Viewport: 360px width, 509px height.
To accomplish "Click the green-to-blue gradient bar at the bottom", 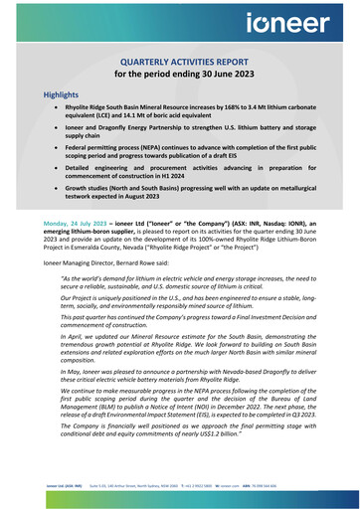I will [x=180, y=503].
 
